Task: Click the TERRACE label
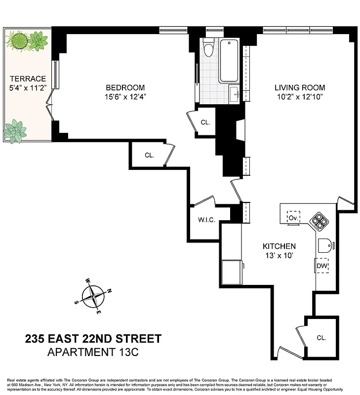[x=28, y=79]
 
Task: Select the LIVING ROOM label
[x=300, y=88]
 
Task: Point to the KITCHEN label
[x=279, y=246]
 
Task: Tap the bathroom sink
[x=234, y=92]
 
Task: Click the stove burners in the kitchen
[x=317, y=222]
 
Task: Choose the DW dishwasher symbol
[x=322, y=266]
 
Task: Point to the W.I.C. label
[x=206, y=220]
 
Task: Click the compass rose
[x=93, y=297]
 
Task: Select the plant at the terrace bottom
[x=15, y=131]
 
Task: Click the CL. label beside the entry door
[x=321, y=338]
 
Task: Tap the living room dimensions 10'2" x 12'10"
[x=300, y=97]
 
